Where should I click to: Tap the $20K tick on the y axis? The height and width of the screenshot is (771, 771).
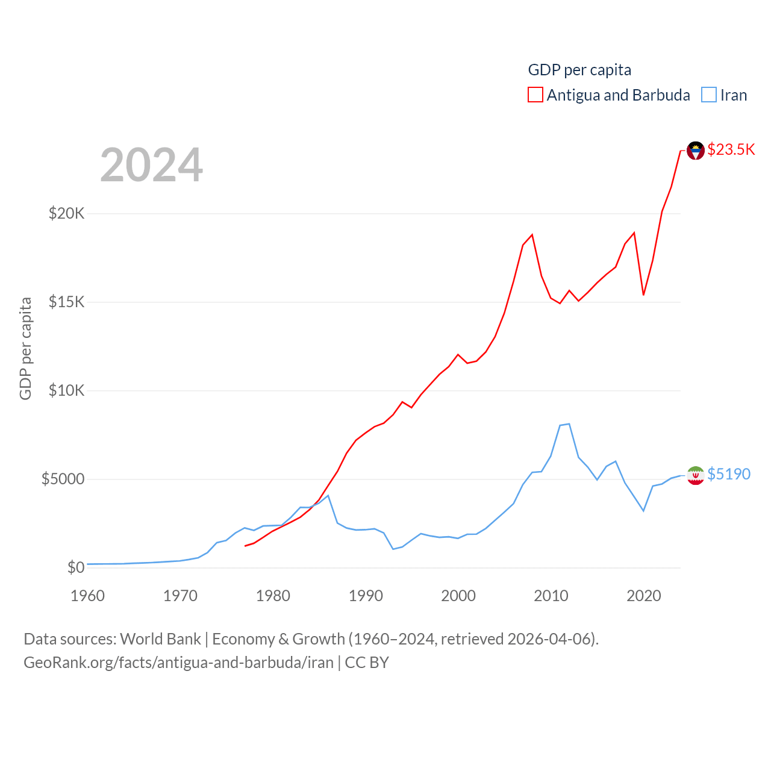click(67, 213)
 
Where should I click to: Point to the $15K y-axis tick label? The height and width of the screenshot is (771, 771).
click(67, 302)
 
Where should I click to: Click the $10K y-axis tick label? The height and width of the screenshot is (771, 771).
click(67, 390)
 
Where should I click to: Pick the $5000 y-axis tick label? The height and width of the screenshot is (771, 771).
click(63, 479)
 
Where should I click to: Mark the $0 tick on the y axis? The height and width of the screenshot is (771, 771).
click(76, 567)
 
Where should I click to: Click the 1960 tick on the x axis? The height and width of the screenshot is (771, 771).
click(88, 596)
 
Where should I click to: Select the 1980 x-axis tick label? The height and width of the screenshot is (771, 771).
click(273, 596)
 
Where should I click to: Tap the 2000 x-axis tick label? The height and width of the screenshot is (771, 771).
click(458, 596)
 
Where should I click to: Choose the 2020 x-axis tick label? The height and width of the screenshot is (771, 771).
click(644, 596)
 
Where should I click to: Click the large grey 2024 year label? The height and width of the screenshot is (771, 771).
click(152, 165)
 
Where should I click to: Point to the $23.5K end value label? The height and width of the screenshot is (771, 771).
click(731, 149)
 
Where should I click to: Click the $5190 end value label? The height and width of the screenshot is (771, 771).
click(729, 474)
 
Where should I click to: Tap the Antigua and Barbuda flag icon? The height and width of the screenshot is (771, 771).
click(696, 151)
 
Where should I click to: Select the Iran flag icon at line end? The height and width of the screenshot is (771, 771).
click(696, 475)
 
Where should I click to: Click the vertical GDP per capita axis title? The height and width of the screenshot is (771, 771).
click(25, 348)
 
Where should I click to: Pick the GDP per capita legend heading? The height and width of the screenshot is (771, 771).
click(579, 70)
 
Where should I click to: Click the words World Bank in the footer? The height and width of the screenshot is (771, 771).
click(160, 638)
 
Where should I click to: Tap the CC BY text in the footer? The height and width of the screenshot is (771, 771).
click(367, 663)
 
